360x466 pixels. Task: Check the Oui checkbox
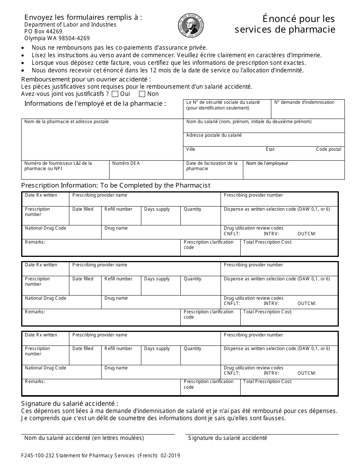115,94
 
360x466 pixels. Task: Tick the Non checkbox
142,94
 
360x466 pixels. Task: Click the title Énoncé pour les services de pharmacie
285,24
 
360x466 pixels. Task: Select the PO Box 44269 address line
43,31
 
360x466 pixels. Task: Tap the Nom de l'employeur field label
267,163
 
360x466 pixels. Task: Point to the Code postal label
329,149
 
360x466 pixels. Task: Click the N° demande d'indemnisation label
304,102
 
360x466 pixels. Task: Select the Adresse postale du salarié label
214,135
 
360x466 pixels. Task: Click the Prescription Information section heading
116,185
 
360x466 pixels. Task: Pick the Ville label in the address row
191,149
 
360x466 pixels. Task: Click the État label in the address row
270,149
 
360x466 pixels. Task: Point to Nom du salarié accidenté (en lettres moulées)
84,438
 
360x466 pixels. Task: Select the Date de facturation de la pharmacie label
212,166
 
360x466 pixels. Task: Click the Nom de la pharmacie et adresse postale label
66,122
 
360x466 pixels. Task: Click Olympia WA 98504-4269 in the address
57,38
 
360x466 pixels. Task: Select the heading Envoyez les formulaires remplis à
83,17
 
